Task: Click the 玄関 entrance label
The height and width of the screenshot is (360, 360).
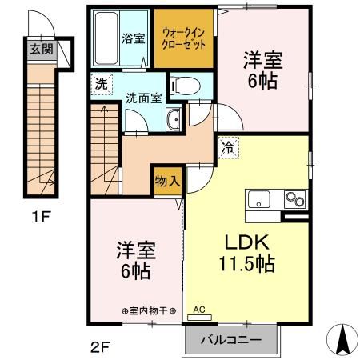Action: pyautogui.click(x=38, y=49)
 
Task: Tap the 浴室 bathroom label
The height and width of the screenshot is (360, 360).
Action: pyautogui.click(x=130, y=38)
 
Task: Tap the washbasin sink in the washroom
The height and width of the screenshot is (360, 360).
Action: pyautogui.click(x=174, y=121)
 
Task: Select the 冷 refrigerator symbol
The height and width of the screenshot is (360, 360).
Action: pyautogui.click(x=228, y=148)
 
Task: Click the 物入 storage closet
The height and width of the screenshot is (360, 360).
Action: pyautogui.click(x=167, y=182)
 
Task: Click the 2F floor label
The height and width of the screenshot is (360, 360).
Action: pyautogui.click(x=99, y=348)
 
